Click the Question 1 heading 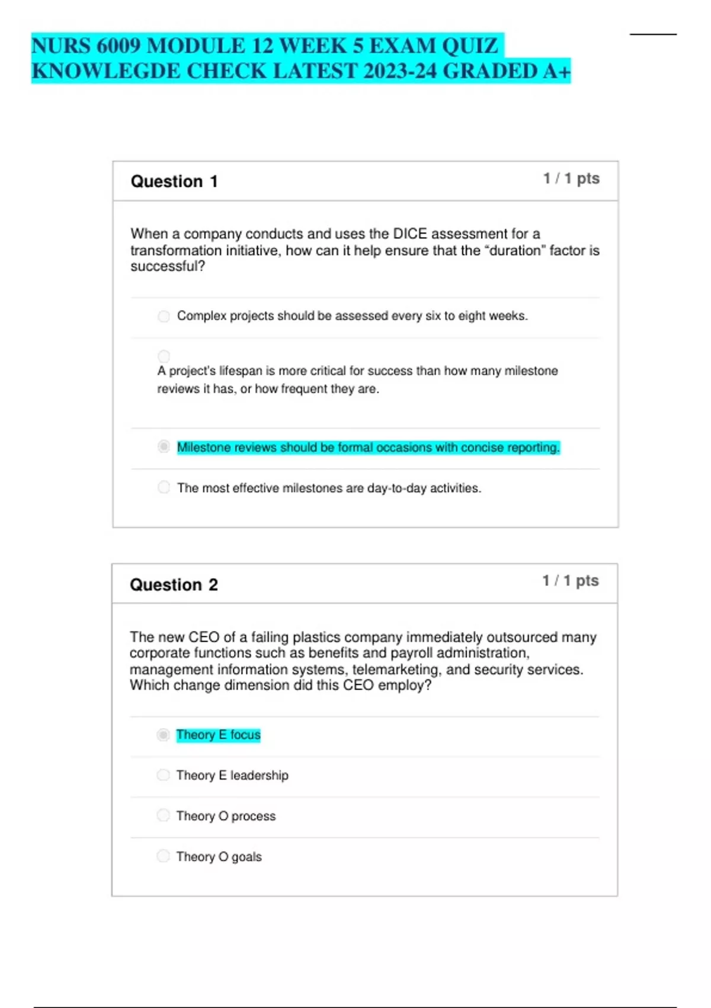point(174,181)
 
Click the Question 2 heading point(174,585)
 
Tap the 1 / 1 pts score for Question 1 point(571,178)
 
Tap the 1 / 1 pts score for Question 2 point(571,580)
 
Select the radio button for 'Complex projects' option point(164,316)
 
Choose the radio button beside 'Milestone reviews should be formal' point(164,446)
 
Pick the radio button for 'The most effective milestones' point(164,487)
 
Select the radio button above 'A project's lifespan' point(164,356)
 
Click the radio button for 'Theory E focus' point(163,735)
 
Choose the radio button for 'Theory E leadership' point(163,775)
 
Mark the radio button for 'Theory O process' point(163,815)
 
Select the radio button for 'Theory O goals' point(163,856)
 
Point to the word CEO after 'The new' point(203,637)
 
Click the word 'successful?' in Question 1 point(168,266)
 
